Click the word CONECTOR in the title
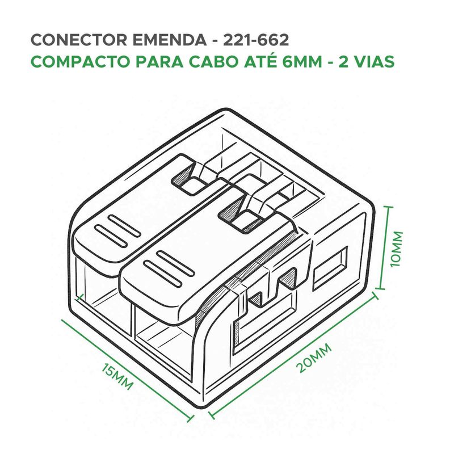tap(79, 40)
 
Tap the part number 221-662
tap(256, 40)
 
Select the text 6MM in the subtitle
tap(302, 62)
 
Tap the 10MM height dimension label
tap(397, 249)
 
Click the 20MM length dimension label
tap(314, 358)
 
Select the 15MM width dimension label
tap(117, 376)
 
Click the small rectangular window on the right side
tap(330, 268)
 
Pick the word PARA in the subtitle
tap(159, 62)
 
